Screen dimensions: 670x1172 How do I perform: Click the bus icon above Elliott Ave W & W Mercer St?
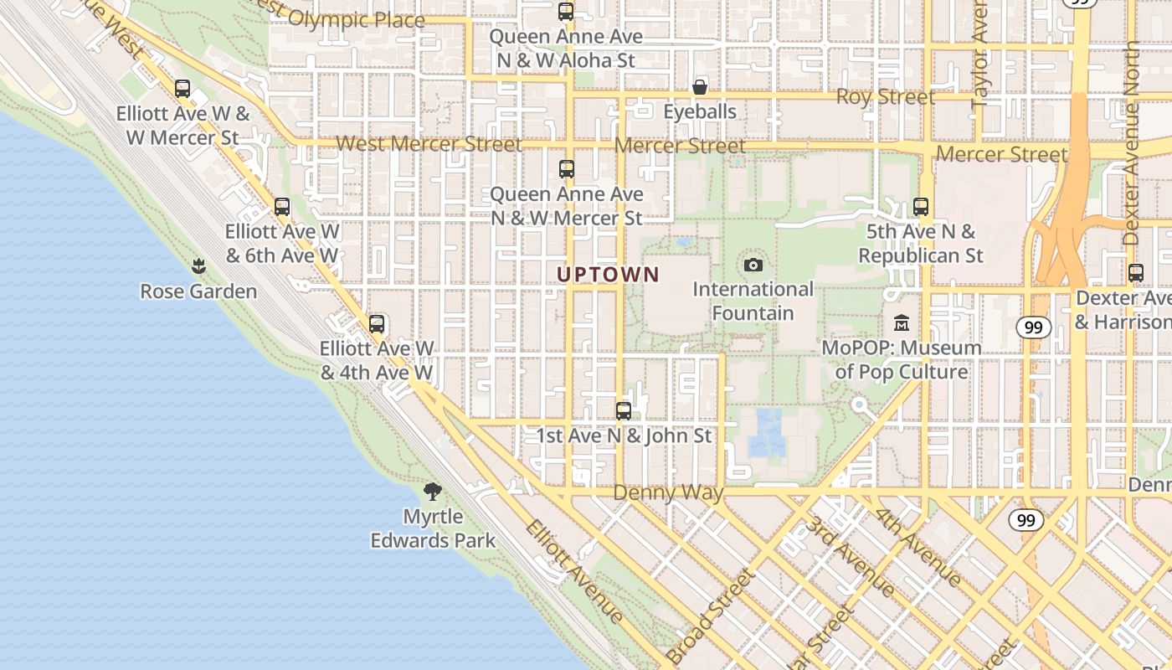[182, 88]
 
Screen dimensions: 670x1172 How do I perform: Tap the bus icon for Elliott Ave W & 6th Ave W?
[282, 206]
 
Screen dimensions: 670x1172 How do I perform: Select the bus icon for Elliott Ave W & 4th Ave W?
[377, 323]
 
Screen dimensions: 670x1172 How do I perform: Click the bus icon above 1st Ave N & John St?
[624, 410]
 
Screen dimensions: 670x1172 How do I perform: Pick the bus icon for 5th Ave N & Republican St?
[921, 206]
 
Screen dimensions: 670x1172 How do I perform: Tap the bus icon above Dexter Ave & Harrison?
[1136, 272]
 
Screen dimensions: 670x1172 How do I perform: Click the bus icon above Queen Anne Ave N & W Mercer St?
[567, 168]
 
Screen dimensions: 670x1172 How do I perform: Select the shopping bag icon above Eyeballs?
[700, 87]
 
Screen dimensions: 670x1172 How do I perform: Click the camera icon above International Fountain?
[753, 265]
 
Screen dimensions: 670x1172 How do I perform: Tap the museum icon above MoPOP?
[902, 322]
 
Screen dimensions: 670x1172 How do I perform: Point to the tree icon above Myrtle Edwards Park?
[433, 491]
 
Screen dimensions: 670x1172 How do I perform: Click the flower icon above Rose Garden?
[198, 266]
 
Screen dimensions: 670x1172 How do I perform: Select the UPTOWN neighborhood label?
[609, 274]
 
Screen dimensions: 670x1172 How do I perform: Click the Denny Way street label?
[668, 492]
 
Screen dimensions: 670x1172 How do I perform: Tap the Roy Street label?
[886, 97]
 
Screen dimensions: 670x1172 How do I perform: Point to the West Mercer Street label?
[429, 144]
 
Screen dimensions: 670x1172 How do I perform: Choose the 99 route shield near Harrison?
[1034, 327]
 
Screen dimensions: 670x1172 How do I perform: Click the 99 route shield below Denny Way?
[1025, 520]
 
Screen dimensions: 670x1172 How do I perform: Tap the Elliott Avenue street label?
[574, 571]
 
